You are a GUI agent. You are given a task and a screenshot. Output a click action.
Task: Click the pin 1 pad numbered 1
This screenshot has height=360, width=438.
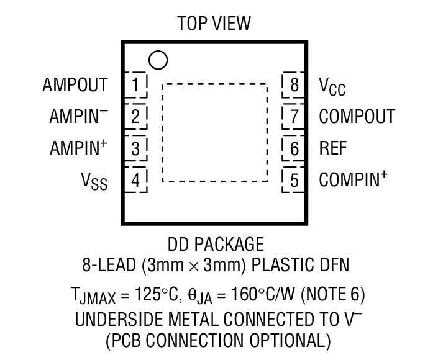point(137,84)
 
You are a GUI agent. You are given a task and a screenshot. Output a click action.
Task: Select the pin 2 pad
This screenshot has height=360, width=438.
point(137,116)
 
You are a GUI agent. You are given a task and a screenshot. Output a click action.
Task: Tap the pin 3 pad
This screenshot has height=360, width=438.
point(137,148)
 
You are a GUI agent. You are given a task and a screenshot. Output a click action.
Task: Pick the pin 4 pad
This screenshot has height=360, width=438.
point(137,181)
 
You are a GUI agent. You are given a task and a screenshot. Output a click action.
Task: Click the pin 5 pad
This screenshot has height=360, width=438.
point(294,181)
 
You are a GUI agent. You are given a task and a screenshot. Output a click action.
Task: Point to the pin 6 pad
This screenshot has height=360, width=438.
point(294,148)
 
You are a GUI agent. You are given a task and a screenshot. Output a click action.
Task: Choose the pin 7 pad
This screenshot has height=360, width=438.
point(294,116)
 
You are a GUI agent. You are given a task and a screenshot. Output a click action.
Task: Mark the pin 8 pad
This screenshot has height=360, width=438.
point(294,84)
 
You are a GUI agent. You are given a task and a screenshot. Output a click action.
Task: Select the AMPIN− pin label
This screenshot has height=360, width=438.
point(78,116)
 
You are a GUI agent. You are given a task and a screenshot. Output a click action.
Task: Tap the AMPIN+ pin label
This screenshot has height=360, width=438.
point(78,148)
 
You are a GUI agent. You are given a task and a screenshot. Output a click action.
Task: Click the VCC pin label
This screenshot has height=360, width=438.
point(332,86)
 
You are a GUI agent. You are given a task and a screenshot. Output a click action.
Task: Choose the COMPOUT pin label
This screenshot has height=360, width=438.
point(357,116)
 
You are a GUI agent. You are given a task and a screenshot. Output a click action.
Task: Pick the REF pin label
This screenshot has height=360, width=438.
point(333,148)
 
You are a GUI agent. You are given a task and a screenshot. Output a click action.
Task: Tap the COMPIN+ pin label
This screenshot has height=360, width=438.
point(353,180)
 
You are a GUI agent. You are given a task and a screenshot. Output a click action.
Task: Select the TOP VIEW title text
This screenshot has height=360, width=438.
point(214,24)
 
